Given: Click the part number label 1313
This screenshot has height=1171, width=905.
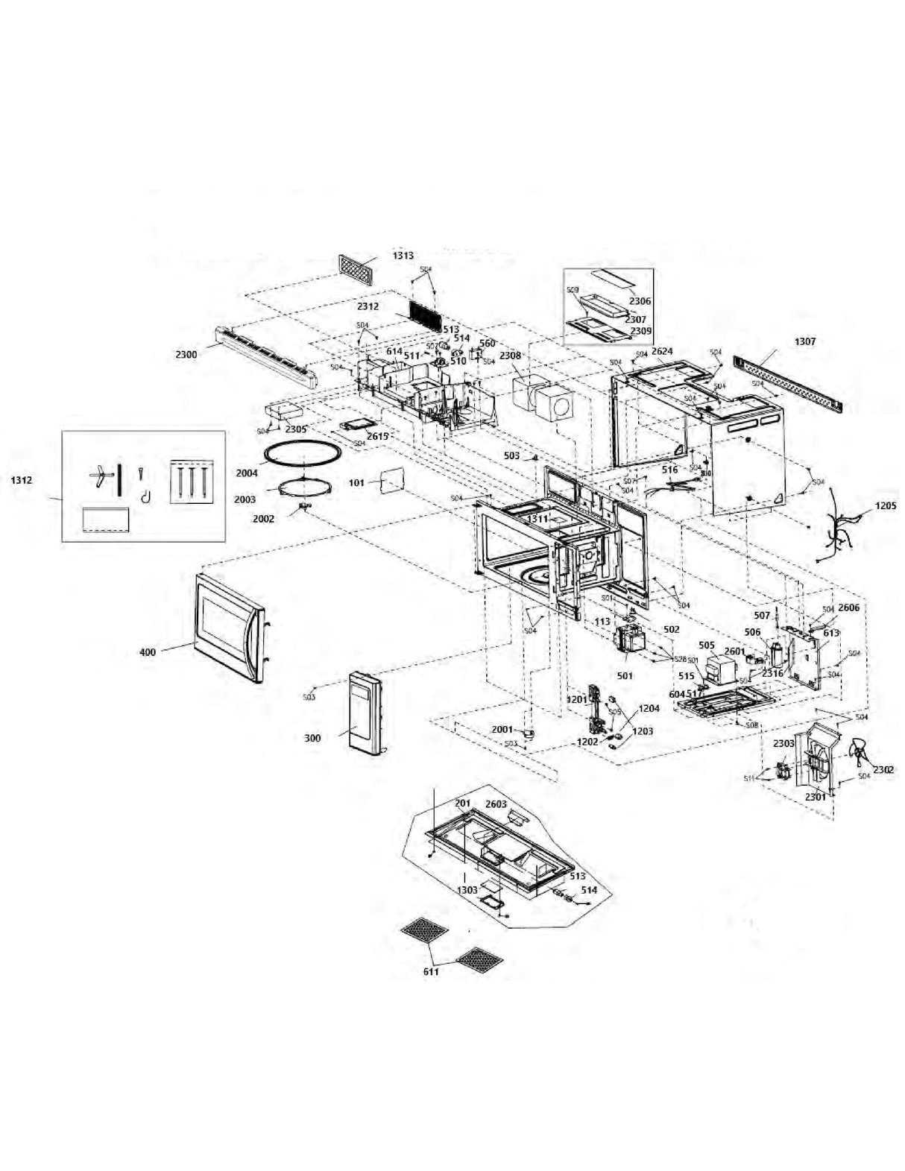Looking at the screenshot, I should click(403, 256).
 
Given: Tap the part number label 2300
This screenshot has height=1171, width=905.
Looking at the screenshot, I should click(186, 355).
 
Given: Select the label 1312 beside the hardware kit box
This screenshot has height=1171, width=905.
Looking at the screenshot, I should click(21, 480).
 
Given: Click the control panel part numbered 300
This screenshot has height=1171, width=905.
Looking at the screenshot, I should click(365, 713).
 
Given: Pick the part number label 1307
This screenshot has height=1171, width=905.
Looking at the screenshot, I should click(805, 341).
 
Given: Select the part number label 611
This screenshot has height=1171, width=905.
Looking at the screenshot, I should click(431, 971).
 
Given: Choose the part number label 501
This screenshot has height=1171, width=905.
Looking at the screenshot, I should click(625, 675).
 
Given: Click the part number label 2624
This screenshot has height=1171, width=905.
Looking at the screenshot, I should click(662, 351).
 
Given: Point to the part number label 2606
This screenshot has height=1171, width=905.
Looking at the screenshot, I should click(848, 607).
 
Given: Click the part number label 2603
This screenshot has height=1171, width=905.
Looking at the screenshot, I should click(496, 804).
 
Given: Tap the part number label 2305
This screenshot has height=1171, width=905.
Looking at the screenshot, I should click(296, 429).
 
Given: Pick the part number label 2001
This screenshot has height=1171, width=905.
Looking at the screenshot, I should click(502, 730).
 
